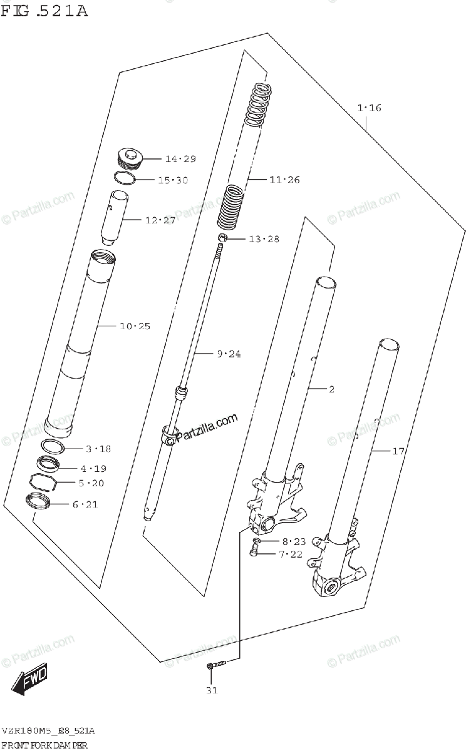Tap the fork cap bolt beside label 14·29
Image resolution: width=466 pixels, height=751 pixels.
[130, 159]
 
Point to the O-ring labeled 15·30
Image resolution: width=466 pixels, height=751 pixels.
[125, 178]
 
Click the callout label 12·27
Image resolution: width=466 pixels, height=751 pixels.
[160, 220]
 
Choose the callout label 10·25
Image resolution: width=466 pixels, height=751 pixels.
[135, 326]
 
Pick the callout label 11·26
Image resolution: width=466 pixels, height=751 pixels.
[284, 180]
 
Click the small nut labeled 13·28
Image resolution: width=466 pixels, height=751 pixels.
[222, 238]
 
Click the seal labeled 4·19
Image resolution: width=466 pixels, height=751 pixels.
[48, 464]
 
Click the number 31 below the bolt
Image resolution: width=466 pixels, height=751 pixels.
[211, 691]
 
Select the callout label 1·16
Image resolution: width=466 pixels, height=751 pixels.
[369, 108]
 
